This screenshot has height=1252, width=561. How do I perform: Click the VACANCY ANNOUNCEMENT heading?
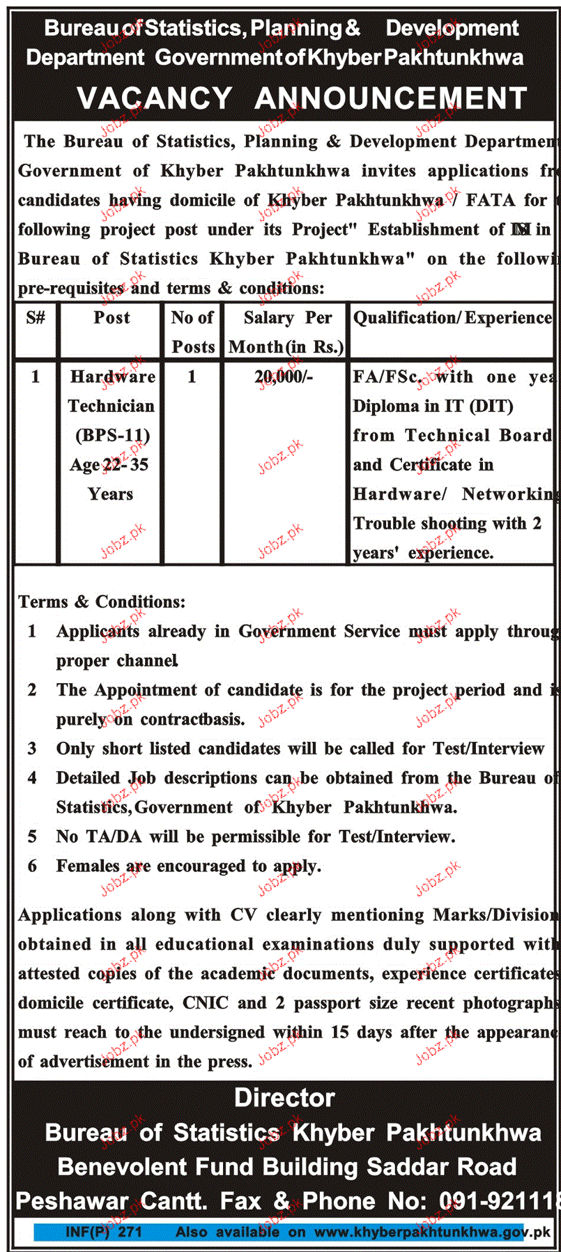(302, 98)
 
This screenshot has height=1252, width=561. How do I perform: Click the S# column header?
(36, 318)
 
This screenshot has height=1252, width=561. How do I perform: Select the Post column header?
(112, 318)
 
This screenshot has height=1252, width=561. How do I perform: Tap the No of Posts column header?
(192, 332)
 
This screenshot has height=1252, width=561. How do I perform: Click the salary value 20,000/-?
(284, 377)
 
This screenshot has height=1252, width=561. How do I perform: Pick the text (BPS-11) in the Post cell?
(112, 436)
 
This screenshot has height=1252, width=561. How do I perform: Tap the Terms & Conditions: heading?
(102, 602)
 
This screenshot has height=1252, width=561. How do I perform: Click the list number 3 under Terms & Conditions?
(32, 749)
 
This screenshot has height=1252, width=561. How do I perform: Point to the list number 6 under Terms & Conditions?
(32, 866)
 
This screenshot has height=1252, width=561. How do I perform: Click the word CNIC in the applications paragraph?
(205, 1003)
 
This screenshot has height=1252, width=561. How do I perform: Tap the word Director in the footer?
(284, 1098)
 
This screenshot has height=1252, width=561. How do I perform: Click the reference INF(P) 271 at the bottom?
(104, 1232)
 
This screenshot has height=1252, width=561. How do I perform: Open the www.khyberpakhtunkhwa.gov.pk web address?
(432, 1232)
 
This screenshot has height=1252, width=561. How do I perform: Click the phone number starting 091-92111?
(499, 1201)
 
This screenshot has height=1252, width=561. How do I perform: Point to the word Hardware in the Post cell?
(112, 377)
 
